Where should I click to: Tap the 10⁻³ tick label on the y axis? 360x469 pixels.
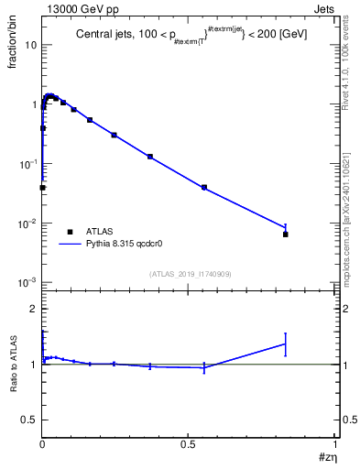(27, 283)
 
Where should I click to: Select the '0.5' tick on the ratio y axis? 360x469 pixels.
(29, 420)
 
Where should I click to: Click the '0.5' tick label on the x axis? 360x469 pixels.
(188, 444)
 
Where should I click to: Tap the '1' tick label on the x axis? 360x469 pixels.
(335, 444)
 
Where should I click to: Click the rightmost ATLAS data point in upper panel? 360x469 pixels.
(286, 234)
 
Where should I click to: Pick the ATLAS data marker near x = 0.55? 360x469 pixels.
(204, 187)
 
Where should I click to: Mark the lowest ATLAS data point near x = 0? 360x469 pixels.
(42, 188)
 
